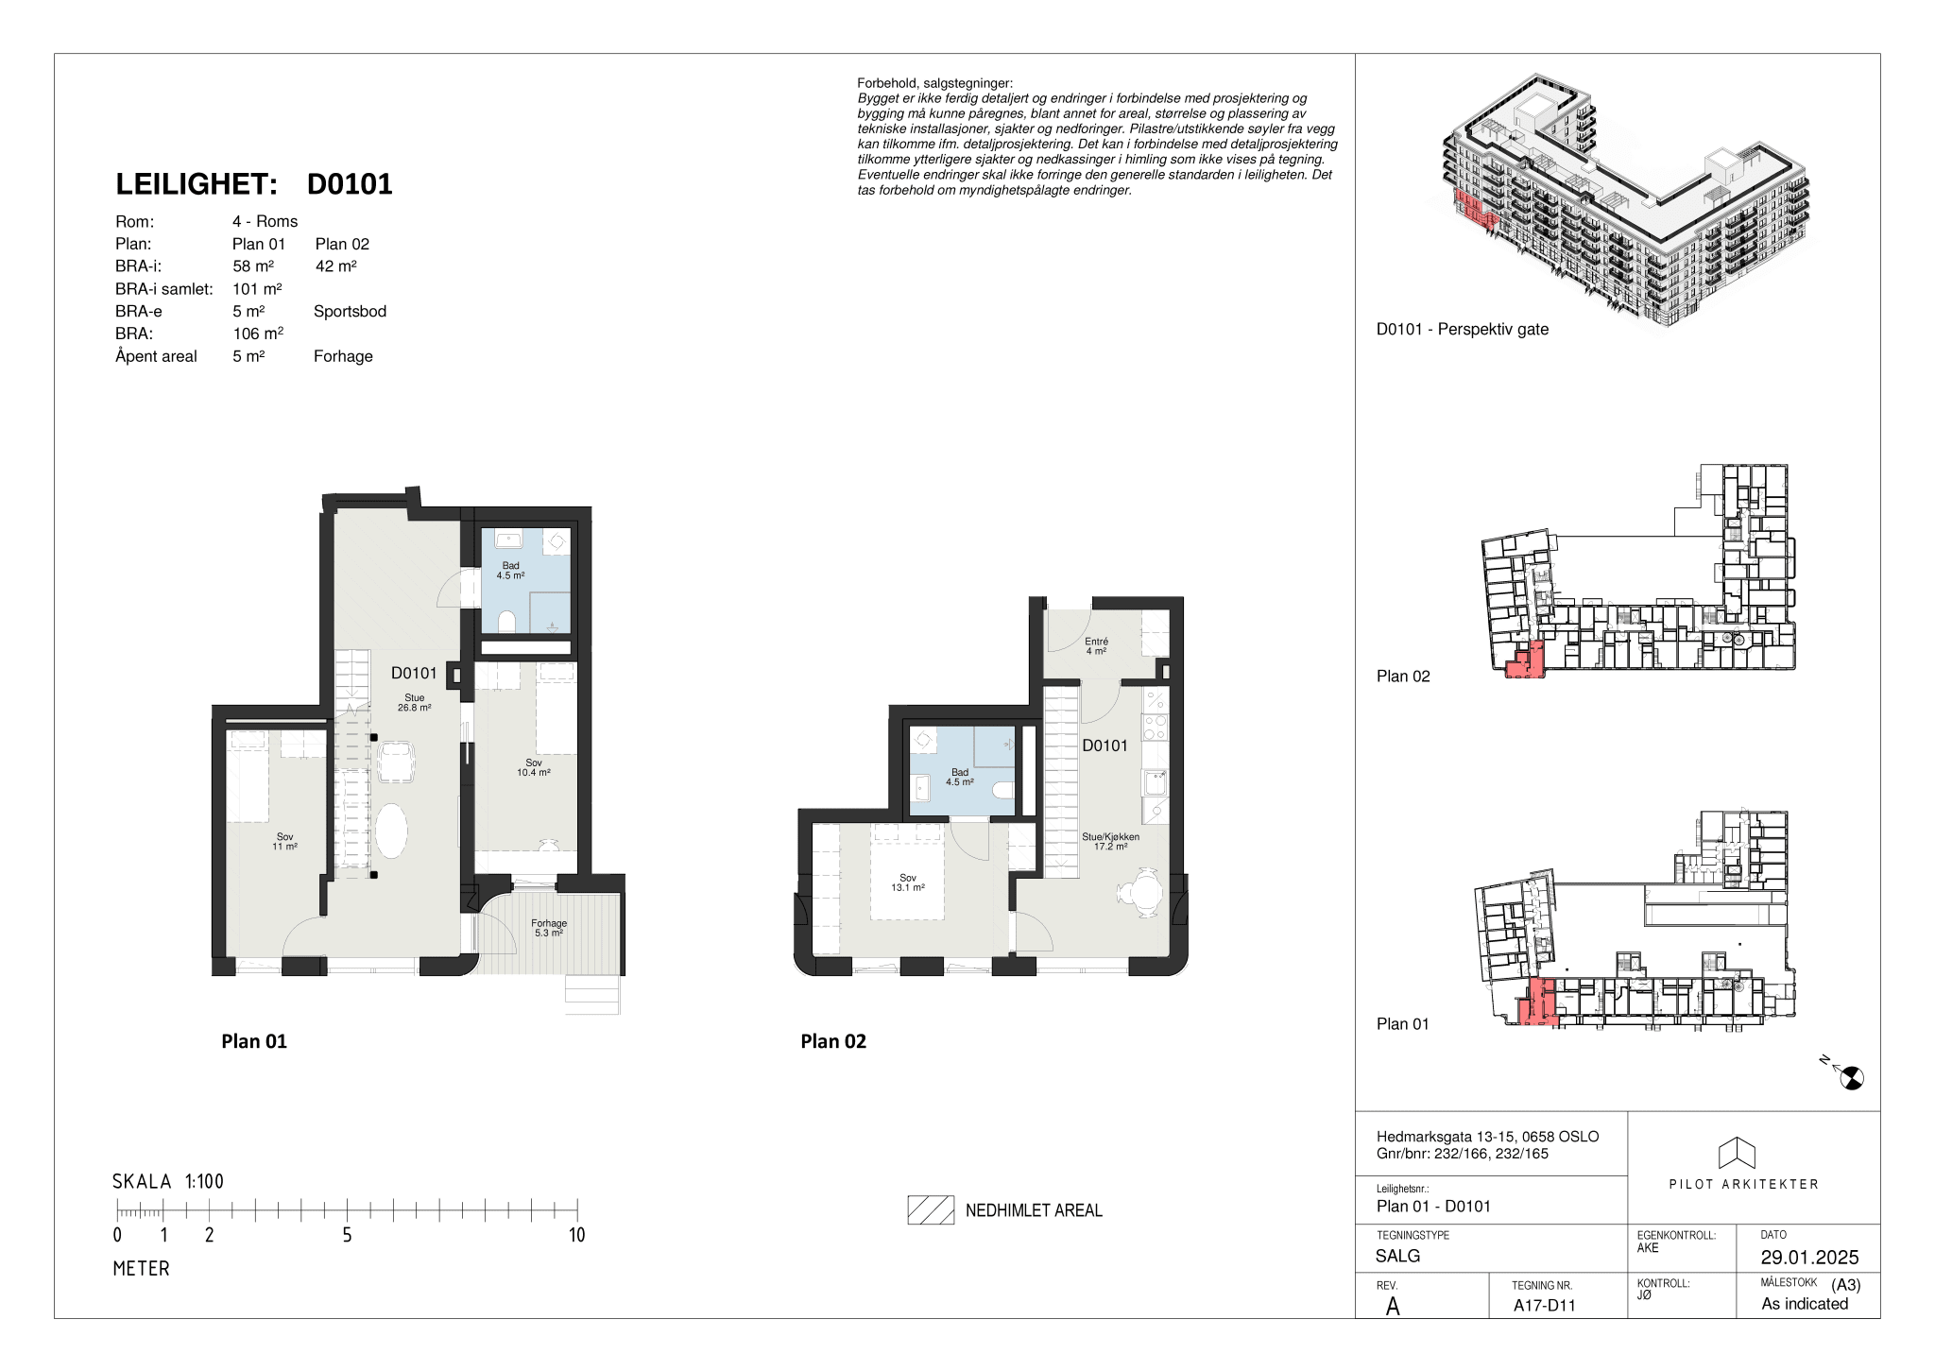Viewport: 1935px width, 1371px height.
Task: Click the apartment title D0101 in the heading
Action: pos(350,184)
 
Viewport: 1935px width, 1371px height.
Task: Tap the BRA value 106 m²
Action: pos(258,334)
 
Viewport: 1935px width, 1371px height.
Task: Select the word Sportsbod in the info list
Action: pos(350,311)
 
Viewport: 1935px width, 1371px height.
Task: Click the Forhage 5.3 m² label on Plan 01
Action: pos(549,928)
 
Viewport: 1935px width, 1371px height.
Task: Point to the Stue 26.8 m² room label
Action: pos(415,703)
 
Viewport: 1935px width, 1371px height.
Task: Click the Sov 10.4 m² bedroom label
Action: pos(534,767)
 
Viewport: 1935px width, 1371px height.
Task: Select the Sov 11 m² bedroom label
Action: pos(285,842)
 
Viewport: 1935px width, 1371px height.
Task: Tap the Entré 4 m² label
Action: pos(1096,646)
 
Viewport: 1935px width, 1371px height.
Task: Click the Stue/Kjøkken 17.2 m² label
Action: pos(1111,842)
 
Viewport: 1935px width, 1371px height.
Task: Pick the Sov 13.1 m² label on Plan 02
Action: pos(908,883)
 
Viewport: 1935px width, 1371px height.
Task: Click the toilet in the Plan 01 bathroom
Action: pos(506,621)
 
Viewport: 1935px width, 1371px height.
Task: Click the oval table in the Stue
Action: pos(391,831)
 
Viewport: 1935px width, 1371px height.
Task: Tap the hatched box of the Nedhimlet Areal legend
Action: pos(931,1210)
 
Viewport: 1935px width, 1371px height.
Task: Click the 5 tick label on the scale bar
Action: pos(347,1235)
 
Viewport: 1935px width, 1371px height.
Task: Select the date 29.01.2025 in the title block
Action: pos(1809,1258)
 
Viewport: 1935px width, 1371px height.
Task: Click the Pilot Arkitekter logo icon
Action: pos(1737,1153)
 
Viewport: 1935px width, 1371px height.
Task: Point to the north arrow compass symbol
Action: pos(1851,1077)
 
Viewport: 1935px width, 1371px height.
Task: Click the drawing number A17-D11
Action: pos(1545,1306)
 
